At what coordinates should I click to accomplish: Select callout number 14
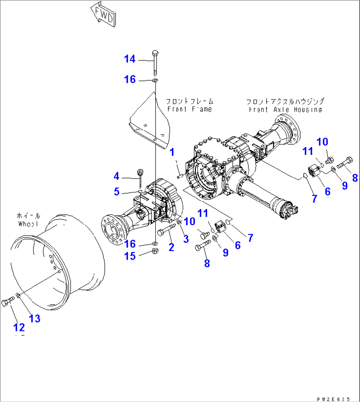tap(130, 59)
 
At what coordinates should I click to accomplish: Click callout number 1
tap(172, 152)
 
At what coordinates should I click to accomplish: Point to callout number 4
tap(116, 176)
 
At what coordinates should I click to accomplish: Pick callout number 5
tap(116, 192)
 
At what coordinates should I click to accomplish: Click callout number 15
tap(130, 256)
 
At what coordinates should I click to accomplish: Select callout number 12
tap(19, 327)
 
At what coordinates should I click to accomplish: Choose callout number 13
tap(35, 318)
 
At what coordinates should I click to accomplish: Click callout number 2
tap(171, 246)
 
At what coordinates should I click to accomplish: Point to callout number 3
tap(186, 239)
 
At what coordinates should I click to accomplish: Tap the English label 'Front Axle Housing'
tap(285, 110)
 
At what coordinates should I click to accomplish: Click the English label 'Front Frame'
tap(189, 109)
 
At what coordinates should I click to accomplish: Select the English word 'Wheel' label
tap(29, 224)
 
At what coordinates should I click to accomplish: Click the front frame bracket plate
tap(150, 126)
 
